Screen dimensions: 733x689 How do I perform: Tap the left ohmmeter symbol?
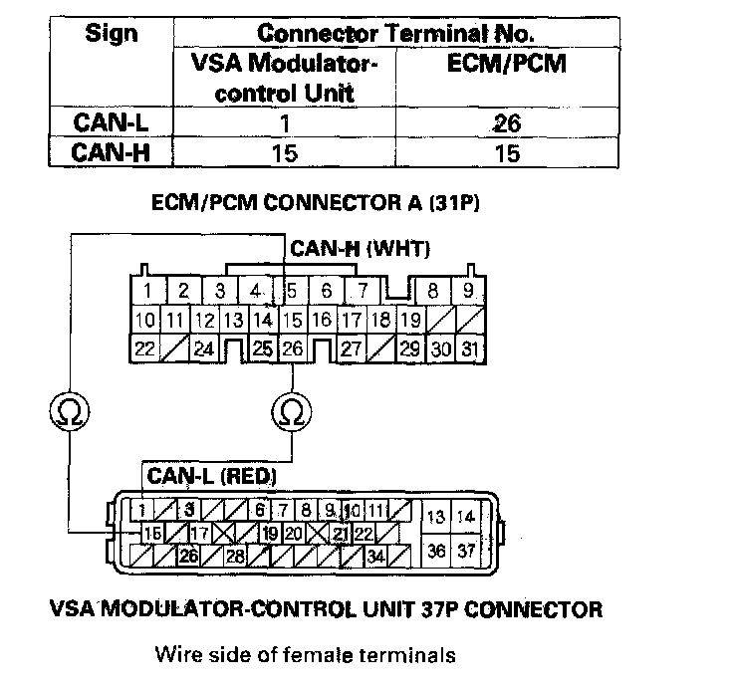[x=69, y=411]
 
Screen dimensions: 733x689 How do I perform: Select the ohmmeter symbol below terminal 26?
[x=292, y=411]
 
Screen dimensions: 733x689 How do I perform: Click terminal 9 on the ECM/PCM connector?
[x=467, y=293]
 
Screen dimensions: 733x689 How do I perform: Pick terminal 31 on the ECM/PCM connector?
[x=469, y=349]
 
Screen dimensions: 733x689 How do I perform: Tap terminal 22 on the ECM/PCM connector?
[x=146, y=349]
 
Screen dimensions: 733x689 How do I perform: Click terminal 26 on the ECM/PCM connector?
[x=292, y=349]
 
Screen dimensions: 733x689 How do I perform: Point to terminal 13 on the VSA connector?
[x=436, y=517]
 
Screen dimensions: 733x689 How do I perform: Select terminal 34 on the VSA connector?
[x=377, y=557]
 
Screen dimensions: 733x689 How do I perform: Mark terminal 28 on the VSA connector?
[x=236, y=557]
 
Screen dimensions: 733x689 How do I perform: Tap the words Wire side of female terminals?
[x=305, y=655]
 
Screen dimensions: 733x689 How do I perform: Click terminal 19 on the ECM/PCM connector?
[x=409, y=321]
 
